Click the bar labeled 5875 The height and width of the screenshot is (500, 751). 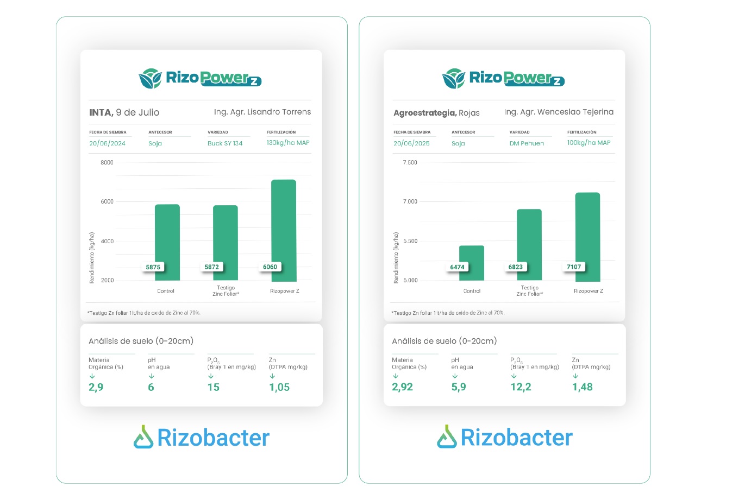167,242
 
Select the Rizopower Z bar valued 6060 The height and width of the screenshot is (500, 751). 284,230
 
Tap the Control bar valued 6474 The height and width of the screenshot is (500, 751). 471,263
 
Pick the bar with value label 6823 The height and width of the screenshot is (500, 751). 529,245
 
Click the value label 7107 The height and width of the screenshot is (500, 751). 574,267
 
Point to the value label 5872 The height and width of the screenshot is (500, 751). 211,267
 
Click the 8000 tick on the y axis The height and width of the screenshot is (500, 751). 107,162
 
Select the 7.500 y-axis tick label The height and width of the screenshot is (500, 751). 410,162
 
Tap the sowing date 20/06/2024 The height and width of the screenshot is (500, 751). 107,143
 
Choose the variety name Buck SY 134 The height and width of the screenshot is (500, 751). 225,143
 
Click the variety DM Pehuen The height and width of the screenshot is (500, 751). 527,143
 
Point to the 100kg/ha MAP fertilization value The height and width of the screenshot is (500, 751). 589,143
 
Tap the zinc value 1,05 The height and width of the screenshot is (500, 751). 279,387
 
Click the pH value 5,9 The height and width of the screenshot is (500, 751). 459,387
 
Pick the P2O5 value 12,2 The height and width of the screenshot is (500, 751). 521,387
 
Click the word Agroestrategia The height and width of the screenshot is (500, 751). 425,113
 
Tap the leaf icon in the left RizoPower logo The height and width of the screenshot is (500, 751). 150,79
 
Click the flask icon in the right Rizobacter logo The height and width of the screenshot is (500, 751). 447,436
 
